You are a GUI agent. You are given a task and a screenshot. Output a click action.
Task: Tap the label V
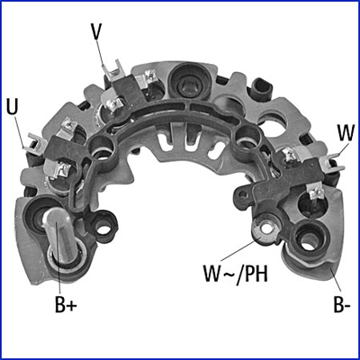pos(95,31)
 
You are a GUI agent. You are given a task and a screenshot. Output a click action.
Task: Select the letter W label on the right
pos(346,132)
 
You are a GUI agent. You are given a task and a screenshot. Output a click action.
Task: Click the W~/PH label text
pos(236,274)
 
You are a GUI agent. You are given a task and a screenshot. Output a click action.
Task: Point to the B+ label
pos(66,304)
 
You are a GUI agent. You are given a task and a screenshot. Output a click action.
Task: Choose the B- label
pos(341,304)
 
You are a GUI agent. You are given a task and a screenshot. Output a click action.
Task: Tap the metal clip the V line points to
pos(114,71)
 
